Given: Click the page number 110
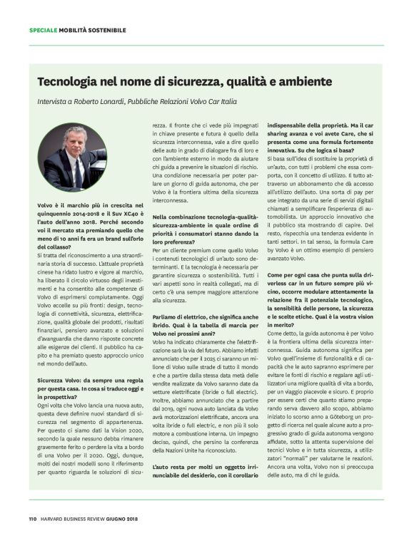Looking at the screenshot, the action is [33, 518].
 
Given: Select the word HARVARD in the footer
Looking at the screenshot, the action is [54, 518].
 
